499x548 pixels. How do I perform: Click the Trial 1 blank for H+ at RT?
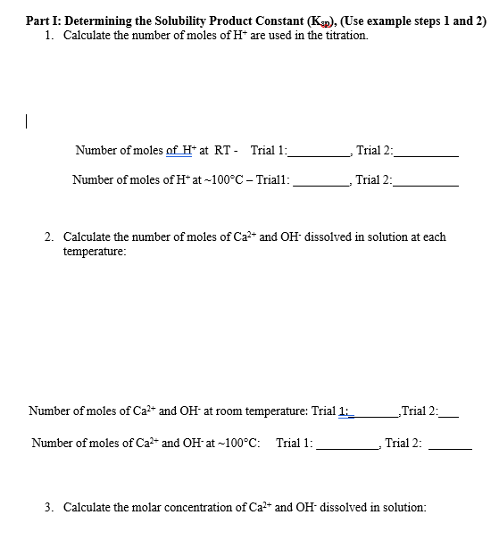320,154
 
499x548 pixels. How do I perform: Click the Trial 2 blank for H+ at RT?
425,154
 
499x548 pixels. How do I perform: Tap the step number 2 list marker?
49,237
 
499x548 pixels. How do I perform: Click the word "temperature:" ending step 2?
95,251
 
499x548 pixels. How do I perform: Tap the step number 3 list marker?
49,507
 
